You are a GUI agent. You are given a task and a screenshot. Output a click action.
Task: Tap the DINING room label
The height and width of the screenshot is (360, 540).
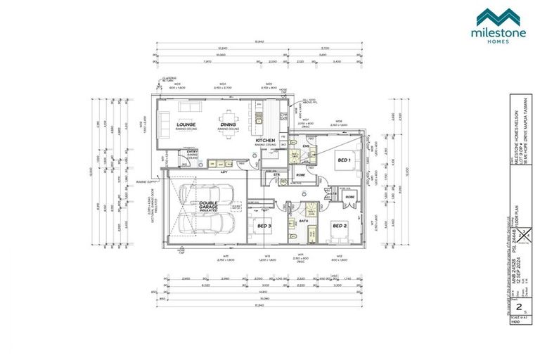[229, 124]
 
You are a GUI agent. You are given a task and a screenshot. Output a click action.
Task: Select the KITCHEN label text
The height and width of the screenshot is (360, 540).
[265, 141]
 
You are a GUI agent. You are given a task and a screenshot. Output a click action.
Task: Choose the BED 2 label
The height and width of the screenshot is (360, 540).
[339, 226]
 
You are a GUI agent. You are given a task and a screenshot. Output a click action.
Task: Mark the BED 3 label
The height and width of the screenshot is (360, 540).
[264, 226]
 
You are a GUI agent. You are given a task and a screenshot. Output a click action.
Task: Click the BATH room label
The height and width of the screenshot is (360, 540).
[304, 220]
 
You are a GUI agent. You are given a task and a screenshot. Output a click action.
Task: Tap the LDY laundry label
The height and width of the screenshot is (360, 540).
[224, 172]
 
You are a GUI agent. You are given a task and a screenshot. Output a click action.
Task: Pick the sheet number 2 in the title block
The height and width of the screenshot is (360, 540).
[520, 307]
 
